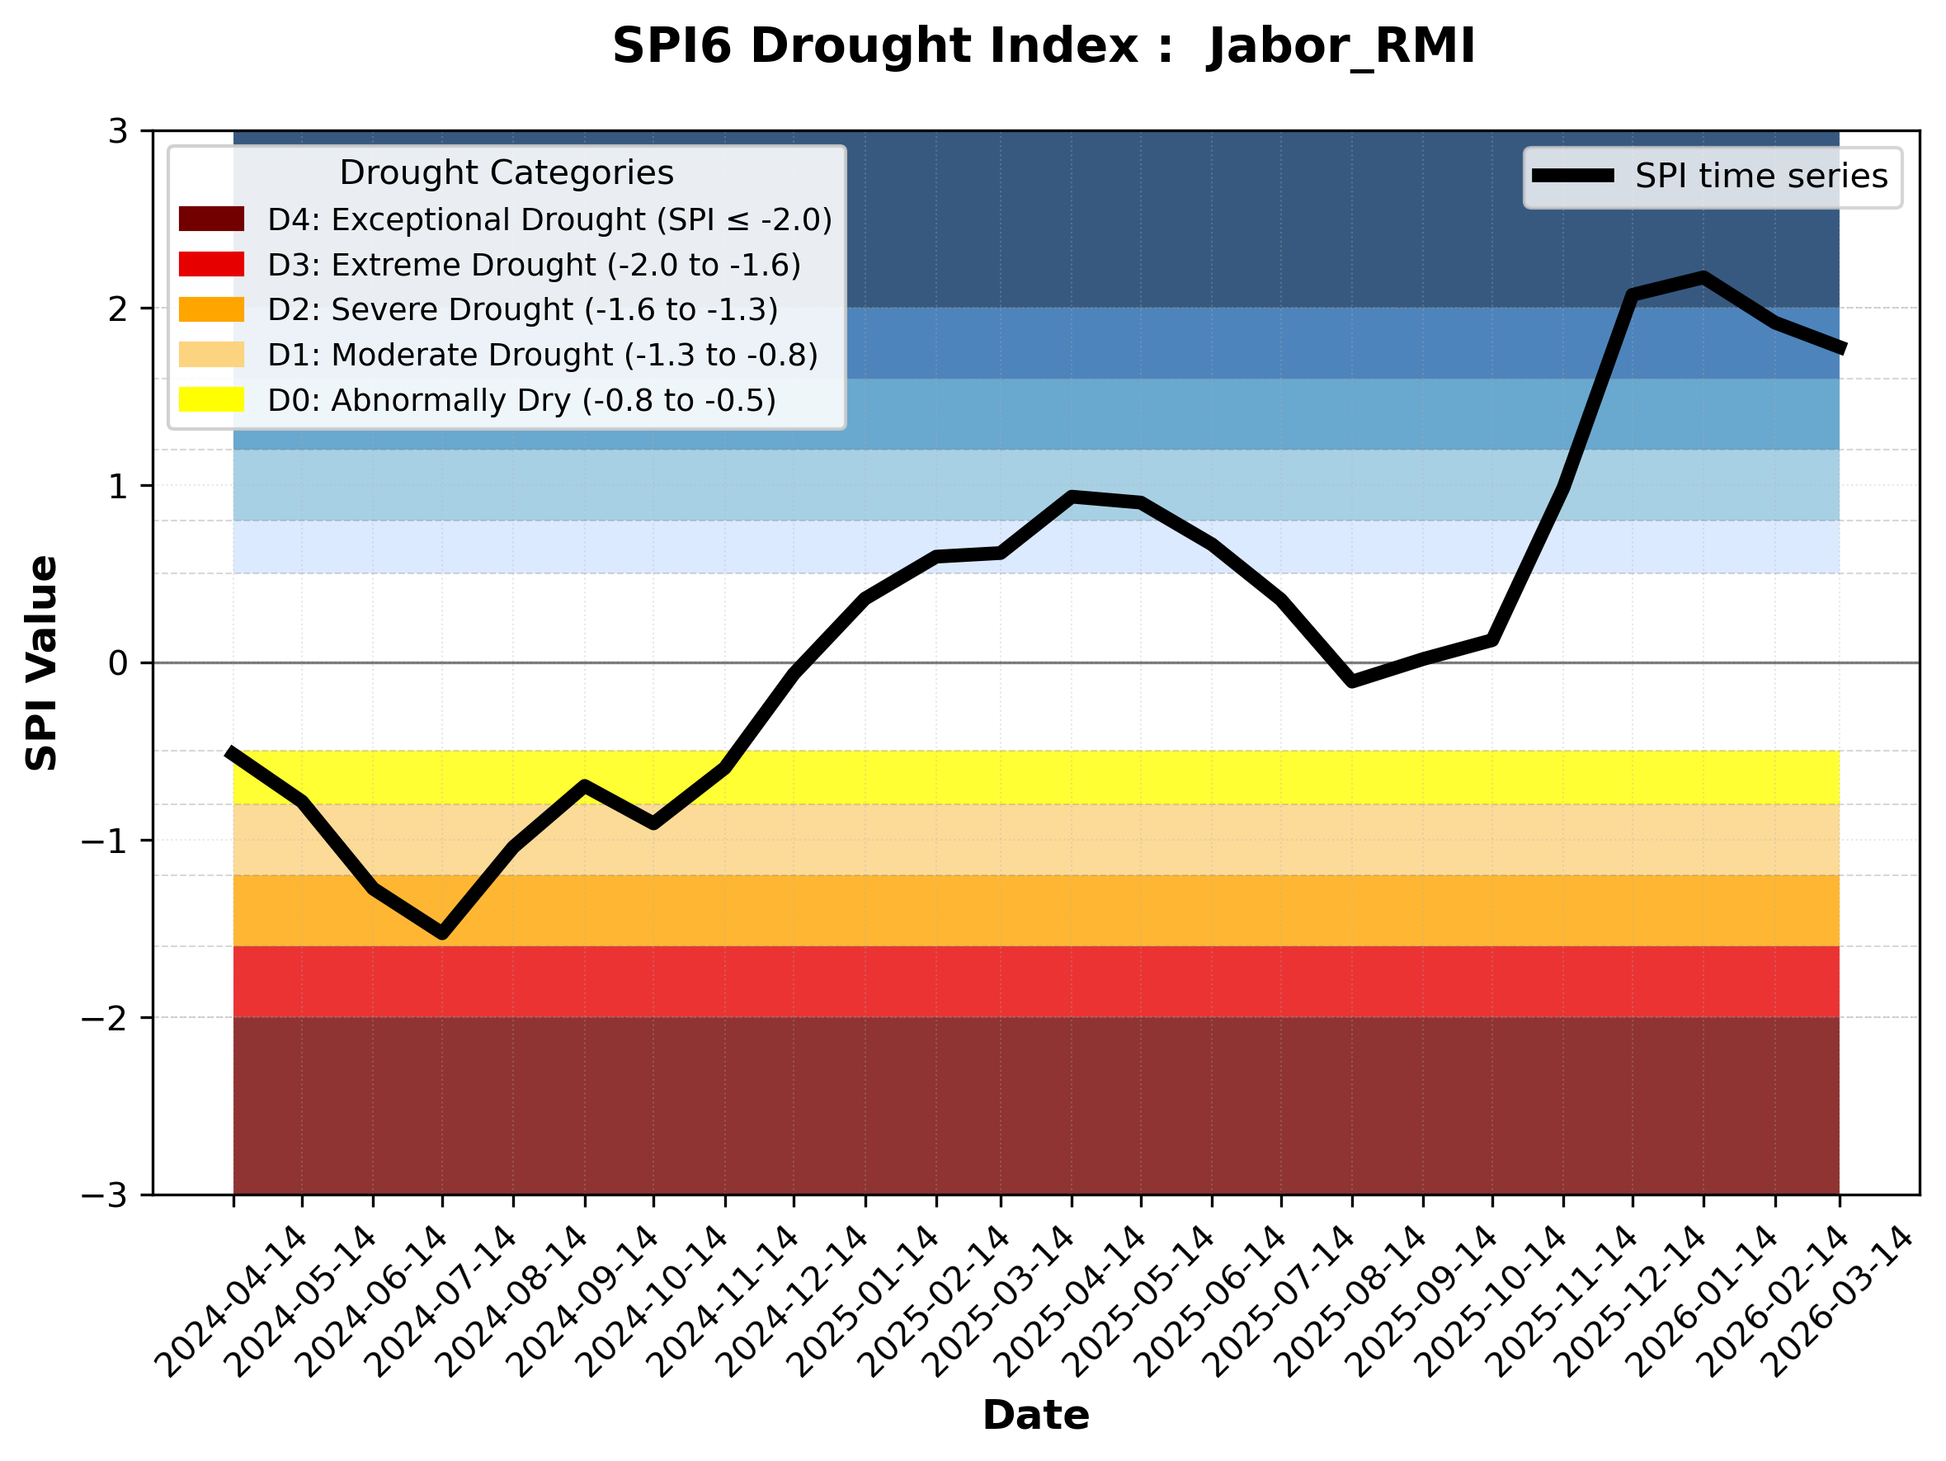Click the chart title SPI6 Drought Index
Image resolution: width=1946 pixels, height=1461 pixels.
pyautogui.click(x=1044, y=45)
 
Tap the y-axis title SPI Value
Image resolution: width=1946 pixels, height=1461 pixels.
pyautogui.click(x=41, y=663)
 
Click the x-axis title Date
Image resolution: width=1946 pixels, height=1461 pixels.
pyautogui.click(x=1035, y=1416)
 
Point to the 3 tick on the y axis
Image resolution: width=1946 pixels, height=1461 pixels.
pyautogui.click(x=118, y=131)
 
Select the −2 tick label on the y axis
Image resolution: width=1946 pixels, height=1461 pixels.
pyautogui.click(x=105, y=1019)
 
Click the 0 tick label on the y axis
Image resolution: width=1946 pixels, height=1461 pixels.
pyautogui.click(x=118, y=663)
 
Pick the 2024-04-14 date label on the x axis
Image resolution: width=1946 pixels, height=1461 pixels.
pyautogui.click(x=233, y=1303)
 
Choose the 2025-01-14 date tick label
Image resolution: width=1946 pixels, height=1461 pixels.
pyautogui.click(x=864, y=1303)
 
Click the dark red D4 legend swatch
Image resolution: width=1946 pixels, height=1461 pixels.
pyautogui.click(x=211, y=219)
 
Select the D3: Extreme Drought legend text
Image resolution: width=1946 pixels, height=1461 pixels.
pyautogui.click(x=534, y=265)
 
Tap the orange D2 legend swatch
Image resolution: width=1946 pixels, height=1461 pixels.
pyautogui.click(x=211, y=309)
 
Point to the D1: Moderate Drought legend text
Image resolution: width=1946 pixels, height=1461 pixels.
pyautogui.click(x=543, y=355)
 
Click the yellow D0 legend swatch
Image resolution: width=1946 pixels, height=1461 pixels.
pyautogui.click(x=211, y=399)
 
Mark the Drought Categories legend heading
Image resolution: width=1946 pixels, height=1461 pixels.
pyautogui.click(x=507, y=172)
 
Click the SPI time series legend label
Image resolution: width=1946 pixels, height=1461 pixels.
pyautogui.click(x=1761, y=176)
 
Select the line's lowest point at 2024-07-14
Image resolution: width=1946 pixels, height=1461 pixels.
pyautogui.click(x=442, y=933)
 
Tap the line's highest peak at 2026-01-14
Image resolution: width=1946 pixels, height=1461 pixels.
pyautogui.click(x=1704, y=278)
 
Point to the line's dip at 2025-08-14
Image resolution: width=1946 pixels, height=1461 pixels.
pyautogui.click(x=1352, y=681)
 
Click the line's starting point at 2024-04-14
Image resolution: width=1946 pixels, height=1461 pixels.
pyautogui.click(x=230, y=752)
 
